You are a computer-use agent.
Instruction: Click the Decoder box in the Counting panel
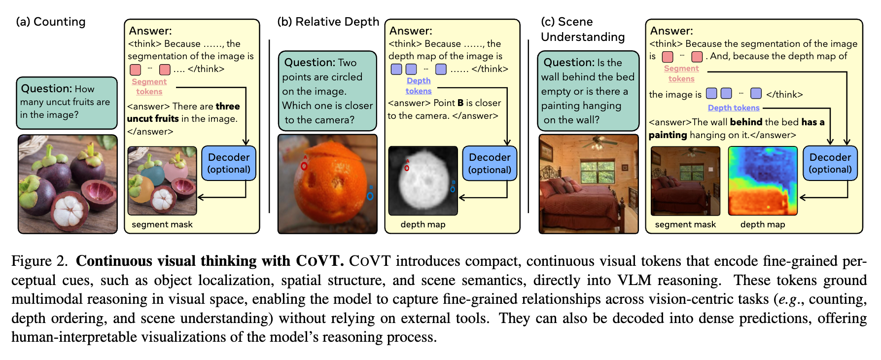(229, 163)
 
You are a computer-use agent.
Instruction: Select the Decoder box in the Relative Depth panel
(490, 163)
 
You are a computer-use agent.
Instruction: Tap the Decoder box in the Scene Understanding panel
(830, 163)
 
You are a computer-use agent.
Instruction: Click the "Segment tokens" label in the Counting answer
(149, 87)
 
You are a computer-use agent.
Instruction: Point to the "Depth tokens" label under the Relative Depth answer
(419, 86)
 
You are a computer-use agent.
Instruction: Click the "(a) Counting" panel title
(51, 22)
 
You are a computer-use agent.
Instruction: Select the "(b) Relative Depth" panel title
(328, 22)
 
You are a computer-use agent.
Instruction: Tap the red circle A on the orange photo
(304, 166)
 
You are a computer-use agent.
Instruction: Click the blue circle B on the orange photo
(370, 196)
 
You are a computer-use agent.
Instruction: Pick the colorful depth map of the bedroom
(763, 181)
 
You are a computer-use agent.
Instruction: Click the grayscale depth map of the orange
(423, 181)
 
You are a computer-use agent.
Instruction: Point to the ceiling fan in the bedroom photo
(597, 144)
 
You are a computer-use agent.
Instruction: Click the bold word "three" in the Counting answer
(228, 106)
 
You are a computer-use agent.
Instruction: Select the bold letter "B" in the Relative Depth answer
(460, 103)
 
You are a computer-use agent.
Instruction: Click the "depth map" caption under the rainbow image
(763, 224)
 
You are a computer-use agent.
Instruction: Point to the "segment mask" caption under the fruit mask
(162, 224)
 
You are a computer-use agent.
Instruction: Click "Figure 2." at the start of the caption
(40, 261)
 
